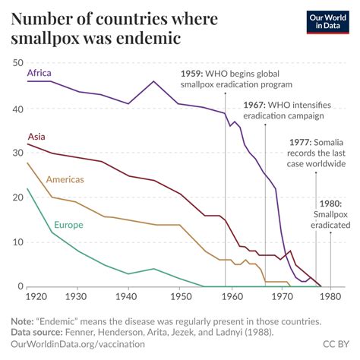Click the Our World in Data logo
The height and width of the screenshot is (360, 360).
324,24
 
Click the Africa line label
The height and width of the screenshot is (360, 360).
39,72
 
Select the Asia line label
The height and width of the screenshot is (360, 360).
36,137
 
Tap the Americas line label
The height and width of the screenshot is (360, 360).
65,180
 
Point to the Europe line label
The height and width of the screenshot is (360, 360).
68,225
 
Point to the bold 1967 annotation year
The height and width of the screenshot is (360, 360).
256,104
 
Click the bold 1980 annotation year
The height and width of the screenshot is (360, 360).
331,203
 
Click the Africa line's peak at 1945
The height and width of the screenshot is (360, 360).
153,81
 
